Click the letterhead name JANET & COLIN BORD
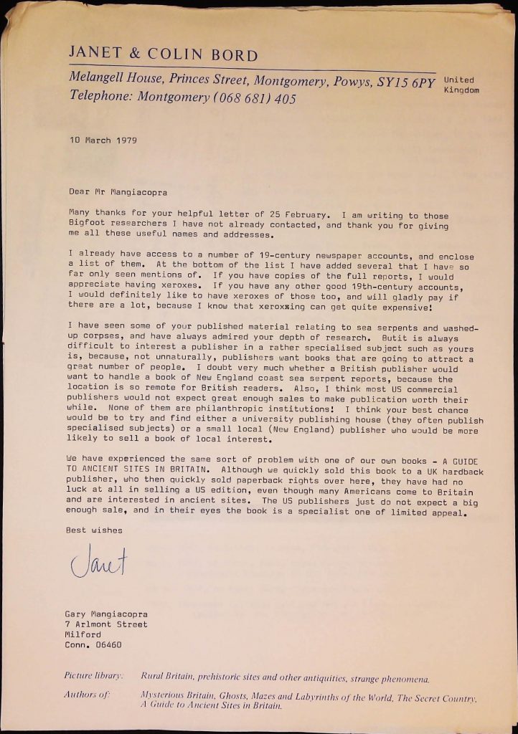(x=164, y=55)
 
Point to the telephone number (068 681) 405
(x=254, y=99)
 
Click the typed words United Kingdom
(x=461, y=85)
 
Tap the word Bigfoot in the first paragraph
(x=86, y=226)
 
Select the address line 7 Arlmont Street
(x=106, y=624)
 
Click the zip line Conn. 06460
(x=93, y=644)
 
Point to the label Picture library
(x=94, y=676)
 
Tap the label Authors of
(x=86, y=695)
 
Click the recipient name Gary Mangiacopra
(x=106, y=614)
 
